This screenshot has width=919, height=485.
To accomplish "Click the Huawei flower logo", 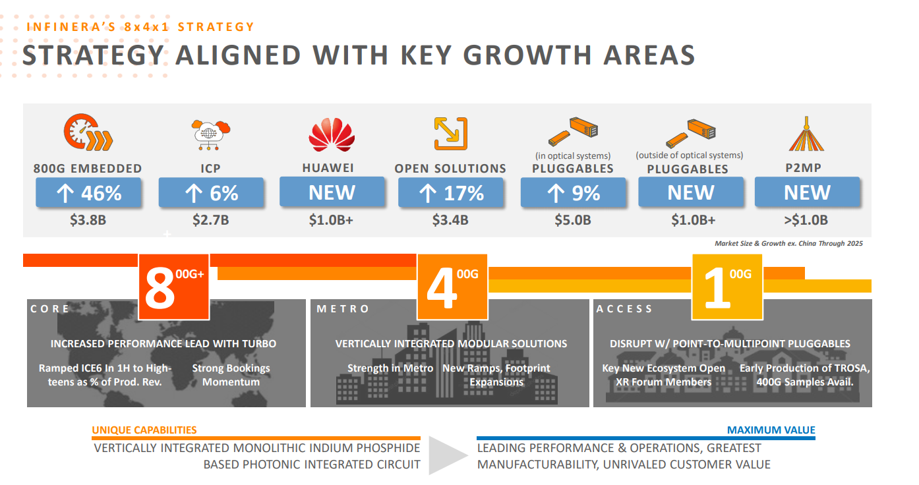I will click(332, 134).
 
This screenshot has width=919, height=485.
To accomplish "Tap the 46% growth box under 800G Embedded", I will click(89, 193).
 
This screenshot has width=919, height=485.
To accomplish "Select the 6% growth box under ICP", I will click(211, 193).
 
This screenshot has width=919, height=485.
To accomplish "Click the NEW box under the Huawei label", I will click(332, 192).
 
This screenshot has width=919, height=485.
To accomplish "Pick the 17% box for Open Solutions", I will click(451, 193).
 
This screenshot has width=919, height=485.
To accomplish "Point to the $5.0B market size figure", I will click(572, 220).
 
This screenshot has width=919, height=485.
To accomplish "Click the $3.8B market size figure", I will click(88, 220).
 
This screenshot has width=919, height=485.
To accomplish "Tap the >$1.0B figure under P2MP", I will click(806, 220).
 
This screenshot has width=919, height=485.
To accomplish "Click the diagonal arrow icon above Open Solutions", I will click(450, 133).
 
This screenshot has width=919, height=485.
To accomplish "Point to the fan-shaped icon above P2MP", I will click(806, 134).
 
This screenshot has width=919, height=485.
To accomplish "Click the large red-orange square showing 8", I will click(173, 287).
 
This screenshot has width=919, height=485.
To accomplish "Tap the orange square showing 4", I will click(452, 287).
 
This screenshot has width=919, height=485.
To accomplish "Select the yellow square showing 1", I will click(727, 287).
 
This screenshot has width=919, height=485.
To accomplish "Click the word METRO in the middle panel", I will click(343, 309).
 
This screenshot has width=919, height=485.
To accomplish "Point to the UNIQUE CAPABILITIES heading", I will click(144, 430).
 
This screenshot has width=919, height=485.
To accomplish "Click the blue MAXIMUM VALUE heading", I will click(771, 430).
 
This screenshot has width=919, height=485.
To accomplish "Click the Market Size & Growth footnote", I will click(788, 244).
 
